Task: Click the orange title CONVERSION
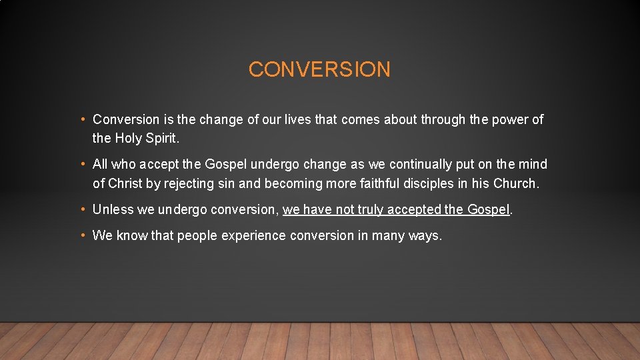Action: coord(319,69)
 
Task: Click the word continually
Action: coord(423,164)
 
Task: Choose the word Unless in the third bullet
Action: coord(113,210)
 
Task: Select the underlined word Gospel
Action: coord(488,210)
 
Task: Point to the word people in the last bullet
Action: coord(197,236)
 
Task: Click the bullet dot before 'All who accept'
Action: coord(83,164)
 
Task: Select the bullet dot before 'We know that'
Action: coord(83,235)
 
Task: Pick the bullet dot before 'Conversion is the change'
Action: coord(83,120)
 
